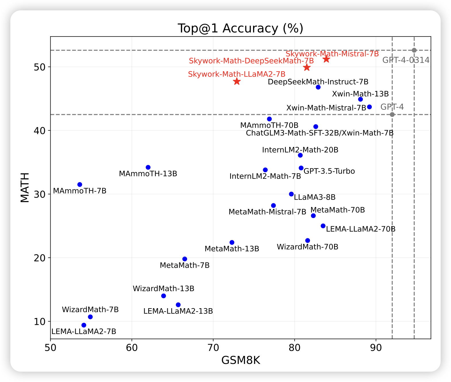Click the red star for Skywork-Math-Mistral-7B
(x=326, y=59)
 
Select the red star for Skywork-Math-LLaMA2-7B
(x=237, y=81)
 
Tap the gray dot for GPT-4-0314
(x=414, y=50)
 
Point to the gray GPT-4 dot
(x=392, y=115)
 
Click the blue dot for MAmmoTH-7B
(x=80, y=184)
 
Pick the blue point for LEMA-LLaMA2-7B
(x=84, y=325)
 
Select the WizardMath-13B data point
(x=163, y=296)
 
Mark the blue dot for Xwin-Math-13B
(x=361, y=99)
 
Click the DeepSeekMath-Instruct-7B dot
(x=318, y=87)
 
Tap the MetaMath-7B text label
(x=184, y=265)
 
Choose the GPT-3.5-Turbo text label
(x=329, y=171)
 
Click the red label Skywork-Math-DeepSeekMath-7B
(x=251, y=61)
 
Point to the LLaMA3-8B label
(x=315, y=197)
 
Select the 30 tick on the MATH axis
(x=40, y=194)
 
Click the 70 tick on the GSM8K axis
(x=213, y=348)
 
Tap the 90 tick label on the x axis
(x=376, y=348)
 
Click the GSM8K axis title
(x=241, y=360)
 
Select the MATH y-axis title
(x=25, y=188)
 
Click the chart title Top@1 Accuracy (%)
(x=240, y=28)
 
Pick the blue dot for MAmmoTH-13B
(x=148, y=167)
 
